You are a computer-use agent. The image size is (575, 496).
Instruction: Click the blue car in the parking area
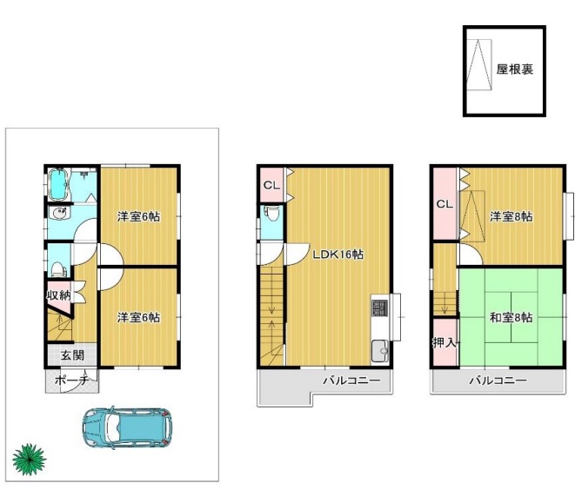tap(127, 427)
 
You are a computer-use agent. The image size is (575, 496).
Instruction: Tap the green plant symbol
tap(29, 459)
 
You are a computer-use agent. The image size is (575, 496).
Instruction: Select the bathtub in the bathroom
tap(58, 185)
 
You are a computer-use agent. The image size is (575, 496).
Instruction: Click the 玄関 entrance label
tap(72, 355)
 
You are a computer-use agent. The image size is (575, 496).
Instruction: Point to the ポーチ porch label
tap(72, 380)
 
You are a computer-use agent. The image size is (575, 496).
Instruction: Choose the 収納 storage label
tap(58, 295)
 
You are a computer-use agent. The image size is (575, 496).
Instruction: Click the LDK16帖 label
tap(338, 255)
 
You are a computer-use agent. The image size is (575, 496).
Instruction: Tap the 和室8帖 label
tap(511, 317)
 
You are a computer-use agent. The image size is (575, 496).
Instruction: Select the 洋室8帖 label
tap(511, 216)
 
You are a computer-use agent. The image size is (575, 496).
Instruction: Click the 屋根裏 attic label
tap(514, 69)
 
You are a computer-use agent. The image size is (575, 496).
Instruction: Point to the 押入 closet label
tap(445, 343)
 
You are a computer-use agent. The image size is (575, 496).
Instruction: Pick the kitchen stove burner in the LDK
tap(379, 308)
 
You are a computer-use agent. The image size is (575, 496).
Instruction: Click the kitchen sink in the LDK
tap(380, 352)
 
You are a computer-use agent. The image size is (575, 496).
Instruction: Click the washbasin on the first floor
tap(58, 214)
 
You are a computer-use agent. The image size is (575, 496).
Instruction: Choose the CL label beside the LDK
tap(271, 186)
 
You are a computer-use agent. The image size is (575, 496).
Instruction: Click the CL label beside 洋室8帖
tap(445, 204)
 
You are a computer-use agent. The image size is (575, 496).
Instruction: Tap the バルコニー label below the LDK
tap(351, 380)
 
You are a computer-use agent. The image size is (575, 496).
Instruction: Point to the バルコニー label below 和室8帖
tap(498, 380)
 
